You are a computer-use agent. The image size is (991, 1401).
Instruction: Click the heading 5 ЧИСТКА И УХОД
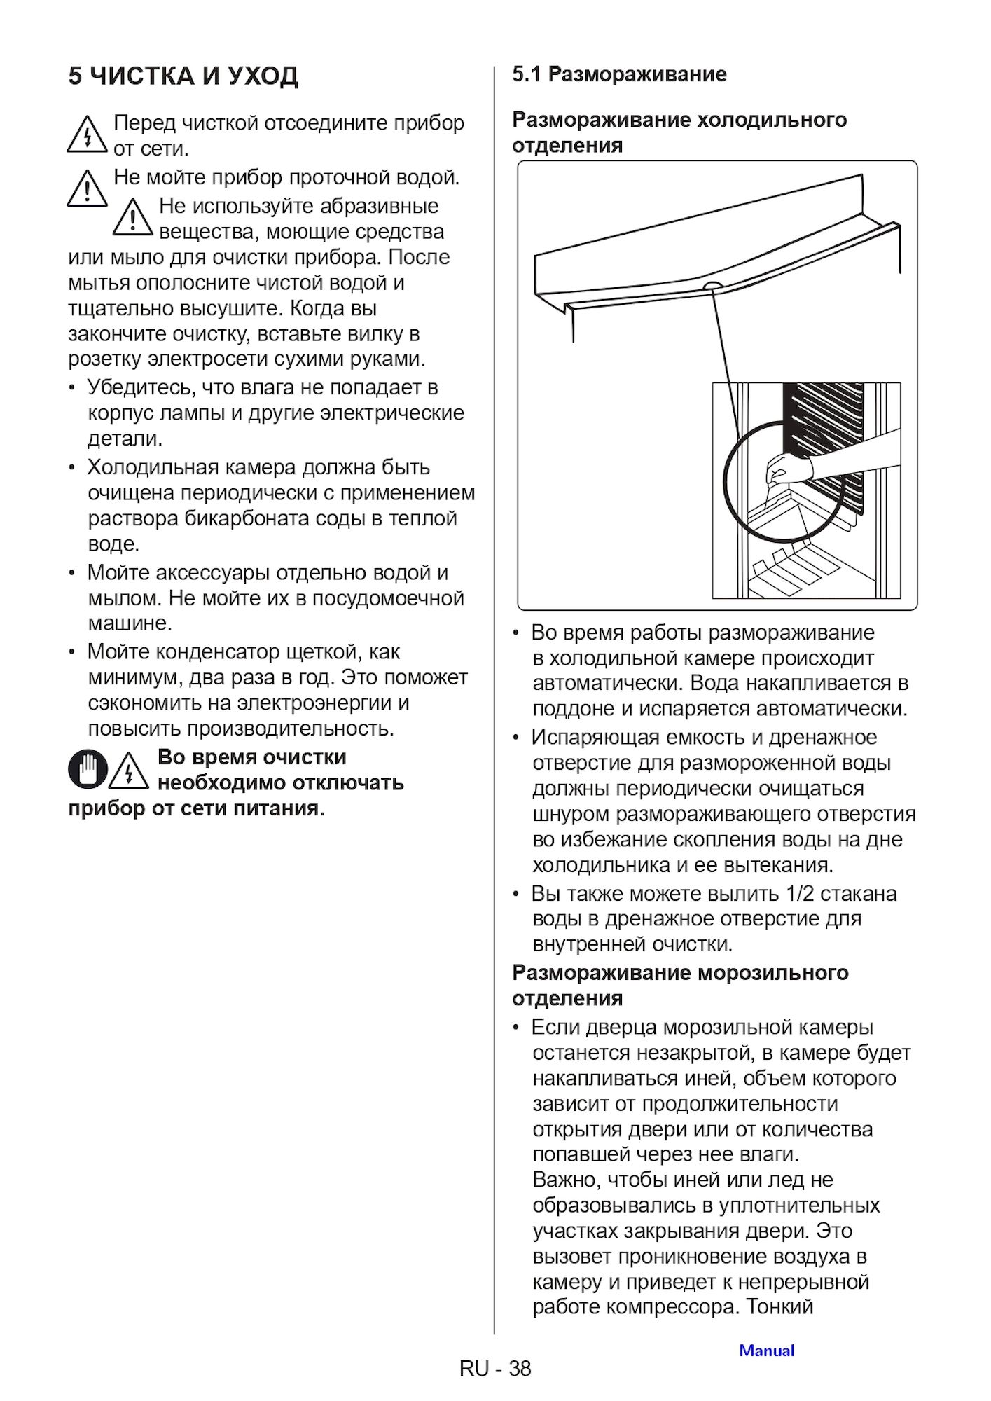183,76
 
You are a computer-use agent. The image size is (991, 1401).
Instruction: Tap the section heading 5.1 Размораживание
619,74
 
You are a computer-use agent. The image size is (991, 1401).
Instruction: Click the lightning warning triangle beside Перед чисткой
88,134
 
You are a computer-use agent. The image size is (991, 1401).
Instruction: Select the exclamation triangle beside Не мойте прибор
88,188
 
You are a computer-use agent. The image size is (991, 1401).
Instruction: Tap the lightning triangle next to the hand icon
129,769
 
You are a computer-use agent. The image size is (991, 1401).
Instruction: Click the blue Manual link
767,1351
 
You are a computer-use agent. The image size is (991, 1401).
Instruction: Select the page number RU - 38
495,1368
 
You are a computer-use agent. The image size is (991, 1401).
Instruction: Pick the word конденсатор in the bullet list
217,651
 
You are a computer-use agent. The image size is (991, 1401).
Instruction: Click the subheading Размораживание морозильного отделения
680,985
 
